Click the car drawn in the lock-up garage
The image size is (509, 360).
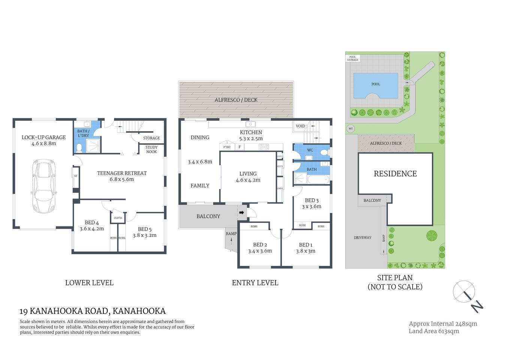click(44, 186)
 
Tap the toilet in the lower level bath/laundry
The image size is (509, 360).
click(79, 148)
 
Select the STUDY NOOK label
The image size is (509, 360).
click(151, 150)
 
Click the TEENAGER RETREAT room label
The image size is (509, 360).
click(122, 173)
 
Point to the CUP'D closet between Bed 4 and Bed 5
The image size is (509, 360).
click(118, 218)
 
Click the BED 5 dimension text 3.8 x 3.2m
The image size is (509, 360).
click(145, 235)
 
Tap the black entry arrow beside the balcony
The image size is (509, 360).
click(242, 213)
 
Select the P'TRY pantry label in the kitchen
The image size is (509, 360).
click(227, 147)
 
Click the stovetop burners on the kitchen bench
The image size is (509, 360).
click(263, 147)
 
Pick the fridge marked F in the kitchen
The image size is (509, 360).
click(240, 147)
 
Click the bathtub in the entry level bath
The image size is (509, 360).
click(318, 180)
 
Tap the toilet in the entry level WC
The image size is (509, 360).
click(326, 153)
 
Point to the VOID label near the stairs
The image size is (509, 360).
click(301, 126)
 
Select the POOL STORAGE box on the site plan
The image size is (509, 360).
click(353, 58)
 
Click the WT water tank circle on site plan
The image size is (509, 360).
click(351, 129)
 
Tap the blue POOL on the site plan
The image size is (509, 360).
click(376, 85)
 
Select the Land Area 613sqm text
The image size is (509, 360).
click(434, 331)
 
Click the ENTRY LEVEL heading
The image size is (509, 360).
click(255, 283)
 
